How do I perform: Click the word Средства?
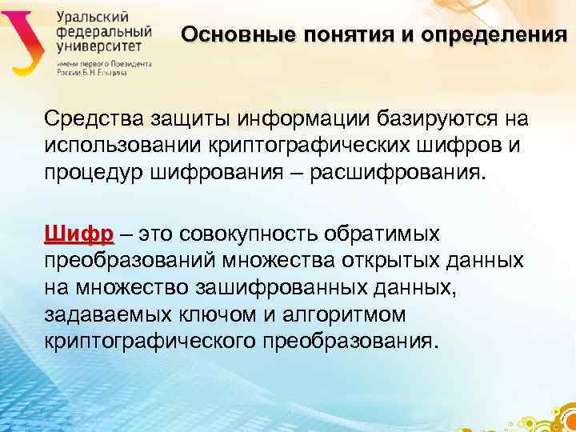(x=90, y=119)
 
